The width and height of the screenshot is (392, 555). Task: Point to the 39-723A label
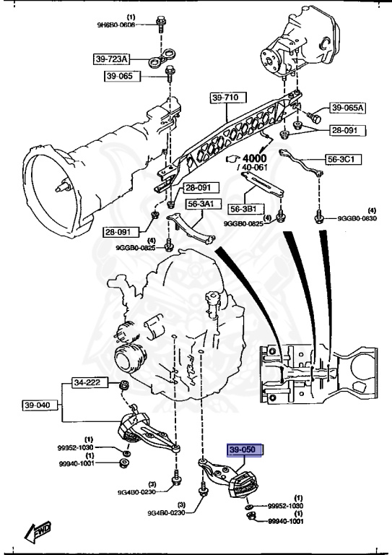click(113, 59)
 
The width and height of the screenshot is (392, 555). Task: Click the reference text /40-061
click(253, 169)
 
